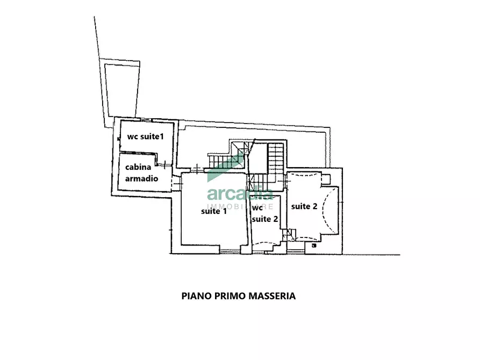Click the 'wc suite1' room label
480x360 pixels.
tap(145, 137)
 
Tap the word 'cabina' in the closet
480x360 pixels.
tap(139, 168)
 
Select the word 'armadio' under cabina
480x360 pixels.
tap(142, 178)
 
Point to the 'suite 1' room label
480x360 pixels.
tap(214, 211)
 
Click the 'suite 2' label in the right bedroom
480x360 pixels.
tap(304, 206)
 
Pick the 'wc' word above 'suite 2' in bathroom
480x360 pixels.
tap(258, 207)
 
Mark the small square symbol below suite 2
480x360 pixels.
tap(313, 246)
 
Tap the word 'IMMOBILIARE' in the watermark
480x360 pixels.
tap(240, 206)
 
